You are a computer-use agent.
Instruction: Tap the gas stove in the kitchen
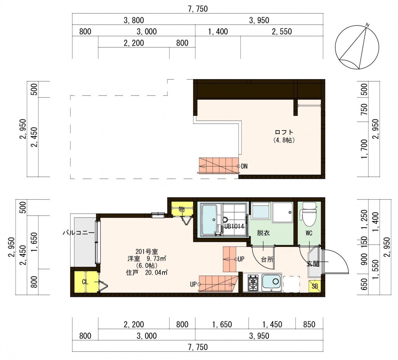(x=253, y=283)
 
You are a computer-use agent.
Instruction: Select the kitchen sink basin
(x=272, y=283)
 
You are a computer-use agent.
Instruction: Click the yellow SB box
(x=314, y=286)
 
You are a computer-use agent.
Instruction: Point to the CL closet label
(x=85, y=282)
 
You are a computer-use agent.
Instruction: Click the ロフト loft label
(x=284, y=132)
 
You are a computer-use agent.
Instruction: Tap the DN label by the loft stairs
(x=244, y=166)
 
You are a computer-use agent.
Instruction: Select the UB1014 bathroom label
(x=234, y=227)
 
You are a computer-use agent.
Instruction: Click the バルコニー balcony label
(x=79, y=233)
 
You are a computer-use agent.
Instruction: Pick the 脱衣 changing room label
(x=263, y=233)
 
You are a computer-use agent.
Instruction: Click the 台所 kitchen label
(x=267, y=259)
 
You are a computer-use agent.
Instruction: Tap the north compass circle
(x=357, y=47)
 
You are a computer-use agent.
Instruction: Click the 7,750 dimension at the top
(x=198, y=9)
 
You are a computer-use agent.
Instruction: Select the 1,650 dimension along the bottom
(x=222, y=324)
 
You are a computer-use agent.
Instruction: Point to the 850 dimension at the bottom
(x=309, y=324)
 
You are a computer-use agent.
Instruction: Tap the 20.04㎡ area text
(x=156, y=272)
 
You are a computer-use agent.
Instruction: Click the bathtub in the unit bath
(x=209, y=220)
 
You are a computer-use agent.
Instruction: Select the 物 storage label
(x=181, y=209)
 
